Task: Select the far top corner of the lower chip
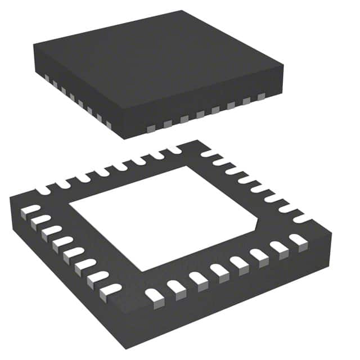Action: pos(195,140)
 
